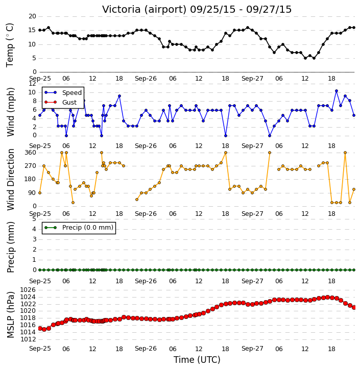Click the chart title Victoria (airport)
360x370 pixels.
(x=145, y=10)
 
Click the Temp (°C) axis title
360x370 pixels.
(x=10, y=45)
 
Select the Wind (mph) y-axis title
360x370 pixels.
(x=10, y=112)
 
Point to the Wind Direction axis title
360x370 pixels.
(x=10, y=179)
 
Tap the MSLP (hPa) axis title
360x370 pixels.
(x=10, y=314)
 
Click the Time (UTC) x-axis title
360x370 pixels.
(x=197, y=360)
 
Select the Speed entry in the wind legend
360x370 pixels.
(x=72, y=93)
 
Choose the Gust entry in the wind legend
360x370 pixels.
(x=69, y=103)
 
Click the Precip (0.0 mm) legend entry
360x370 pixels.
(x=88, y=228)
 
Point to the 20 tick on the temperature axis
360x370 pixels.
(x=32, y=16)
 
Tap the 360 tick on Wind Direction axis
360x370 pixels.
(x=31, y=153)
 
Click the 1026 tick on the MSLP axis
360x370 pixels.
(x=28, y=290)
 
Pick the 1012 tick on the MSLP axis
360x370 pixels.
(x=28, y=339)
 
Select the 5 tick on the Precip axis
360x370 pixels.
(x=34, y=219)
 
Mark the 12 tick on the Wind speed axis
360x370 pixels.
(x=32, y=84)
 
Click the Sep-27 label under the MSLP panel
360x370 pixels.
(x=252, y=349)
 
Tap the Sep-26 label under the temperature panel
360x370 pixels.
(x=146, y=79)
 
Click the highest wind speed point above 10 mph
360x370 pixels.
(x=337, y=91)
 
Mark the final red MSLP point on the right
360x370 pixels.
(x=354, y=307)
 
